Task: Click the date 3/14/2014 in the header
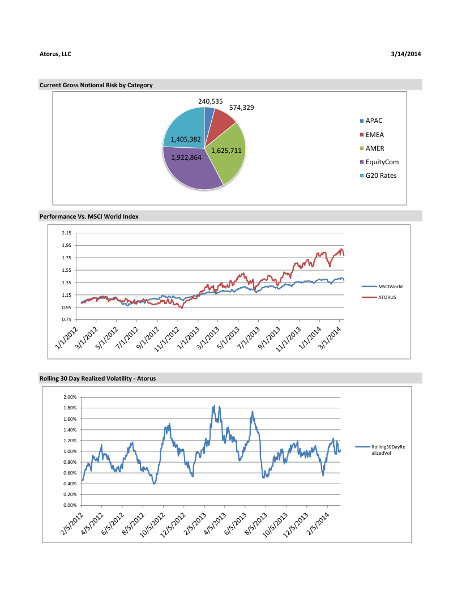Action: [406, 54]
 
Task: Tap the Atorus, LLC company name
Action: [55, 54]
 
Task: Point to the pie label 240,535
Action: [209, 101]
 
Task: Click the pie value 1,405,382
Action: [186, 139]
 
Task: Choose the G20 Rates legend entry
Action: [380, 176]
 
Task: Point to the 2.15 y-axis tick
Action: [66, 233]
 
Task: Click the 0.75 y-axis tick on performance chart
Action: [66, 320]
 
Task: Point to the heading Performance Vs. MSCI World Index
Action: [89, 216]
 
